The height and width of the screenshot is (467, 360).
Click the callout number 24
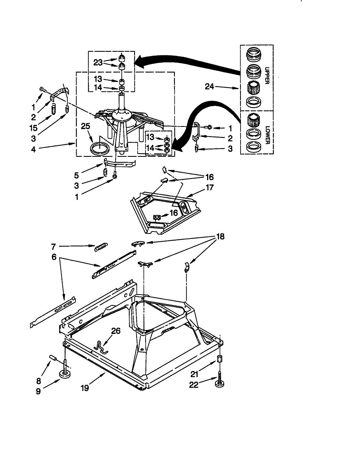pyautogui.click(x=209, y=86)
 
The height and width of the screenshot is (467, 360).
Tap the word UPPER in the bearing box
pyautogui.click(x=267, y=75)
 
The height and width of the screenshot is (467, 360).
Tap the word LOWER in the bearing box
pyautogui.click(x=267, y=135)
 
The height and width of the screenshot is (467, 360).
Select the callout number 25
pyautogui.click(x=85, y=126)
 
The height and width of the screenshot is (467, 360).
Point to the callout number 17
pyautogui.click(x=209, y=188)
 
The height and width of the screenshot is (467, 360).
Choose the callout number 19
pyautogui.click(x=85, y=388)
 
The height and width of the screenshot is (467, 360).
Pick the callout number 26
pyautogui.click(x=116, y=331)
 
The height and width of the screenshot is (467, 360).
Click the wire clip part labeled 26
pyautogui.click(x=100, y=348)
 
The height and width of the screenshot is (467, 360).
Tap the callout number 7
pyautogui.click(x=53, y=246)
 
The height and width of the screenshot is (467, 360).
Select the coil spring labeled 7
pyautogui.click(x=101, y=247)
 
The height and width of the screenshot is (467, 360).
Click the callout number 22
pyautogui.click(x=194, y=384)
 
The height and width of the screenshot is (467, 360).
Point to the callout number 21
pyautogui.click(x=194, y=374)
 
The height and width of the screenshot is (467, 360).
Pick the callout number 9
pyautogui.click(x=38, y=391)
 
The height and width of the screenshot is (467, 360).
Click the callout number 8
pyautogui.click(x=39, y=381)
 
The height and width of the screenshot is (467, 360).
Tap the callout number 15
pyautogui.click(x=33, y=128)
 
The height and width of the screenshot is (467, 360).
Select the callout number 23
pyautogui.click(x=98, y=63)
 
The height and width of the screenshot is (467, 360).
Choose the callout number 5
pyautogui.click(x=77, y=176)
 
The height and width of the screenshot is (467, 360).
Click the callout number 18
pyautogui.click(x=220, y=236)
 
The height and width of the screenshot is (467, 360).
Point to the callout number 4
pyautogui.click(x=33, y=149)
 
